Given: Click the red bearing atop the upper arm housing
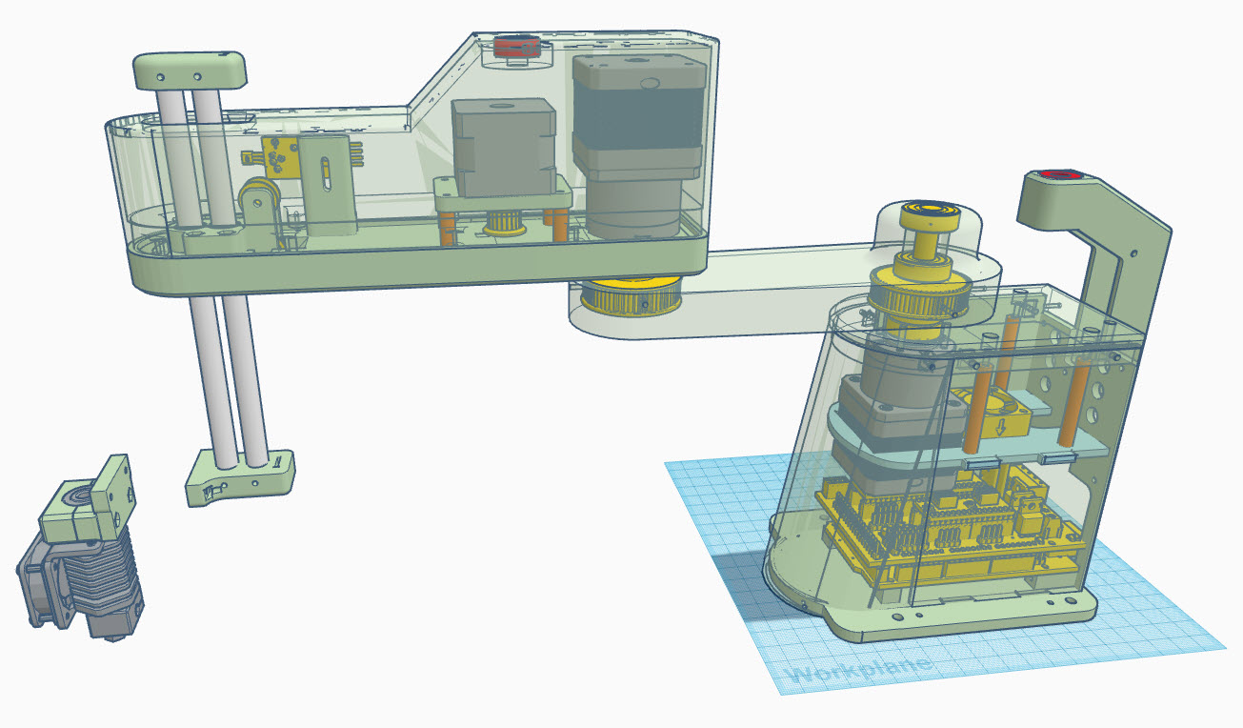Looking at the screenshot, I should [x=516, y=47].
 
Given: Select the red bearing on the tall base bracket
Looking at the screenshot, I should [x=1056, y=175].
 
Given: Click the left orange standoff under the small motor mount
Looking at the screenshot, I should [x=446, y=227].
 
